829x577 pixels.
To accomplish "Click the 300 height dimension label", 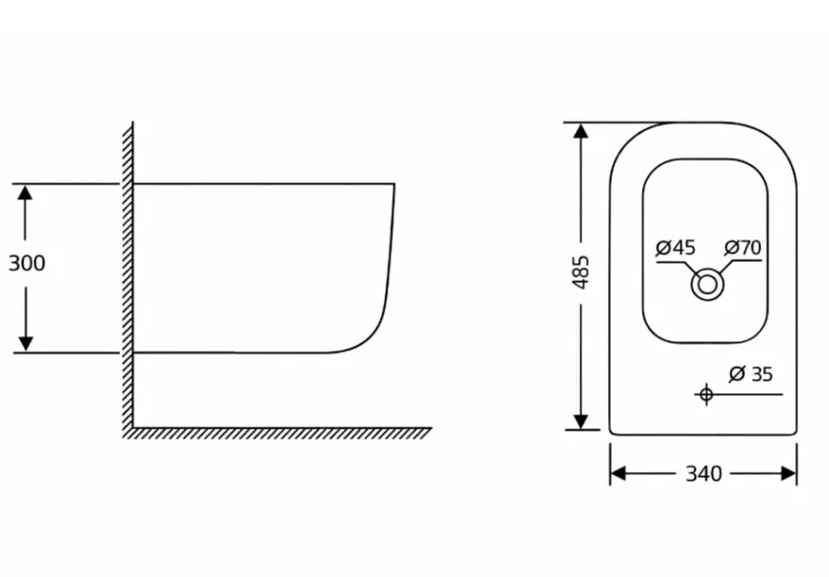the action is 27,263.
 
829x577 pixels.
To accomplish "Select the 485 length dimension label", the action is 581,272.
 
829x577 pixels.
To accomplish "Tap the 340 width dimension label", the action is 703,474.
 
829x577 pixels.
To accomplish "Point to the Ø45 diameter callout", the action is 676,248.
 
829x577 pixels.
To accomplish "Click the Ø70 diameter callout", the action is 743,247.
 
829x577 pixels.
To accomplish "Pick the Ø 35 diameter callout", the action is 751,374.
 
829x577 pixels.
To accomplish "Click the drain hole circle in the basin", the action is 707,284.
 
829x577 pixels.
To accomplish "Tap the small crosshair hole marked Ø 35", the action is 706,394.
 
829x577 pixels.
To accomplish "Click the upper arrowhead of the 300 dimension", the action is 25,192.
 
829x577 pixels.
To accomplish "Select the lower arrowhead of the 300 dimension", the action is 26,344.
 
